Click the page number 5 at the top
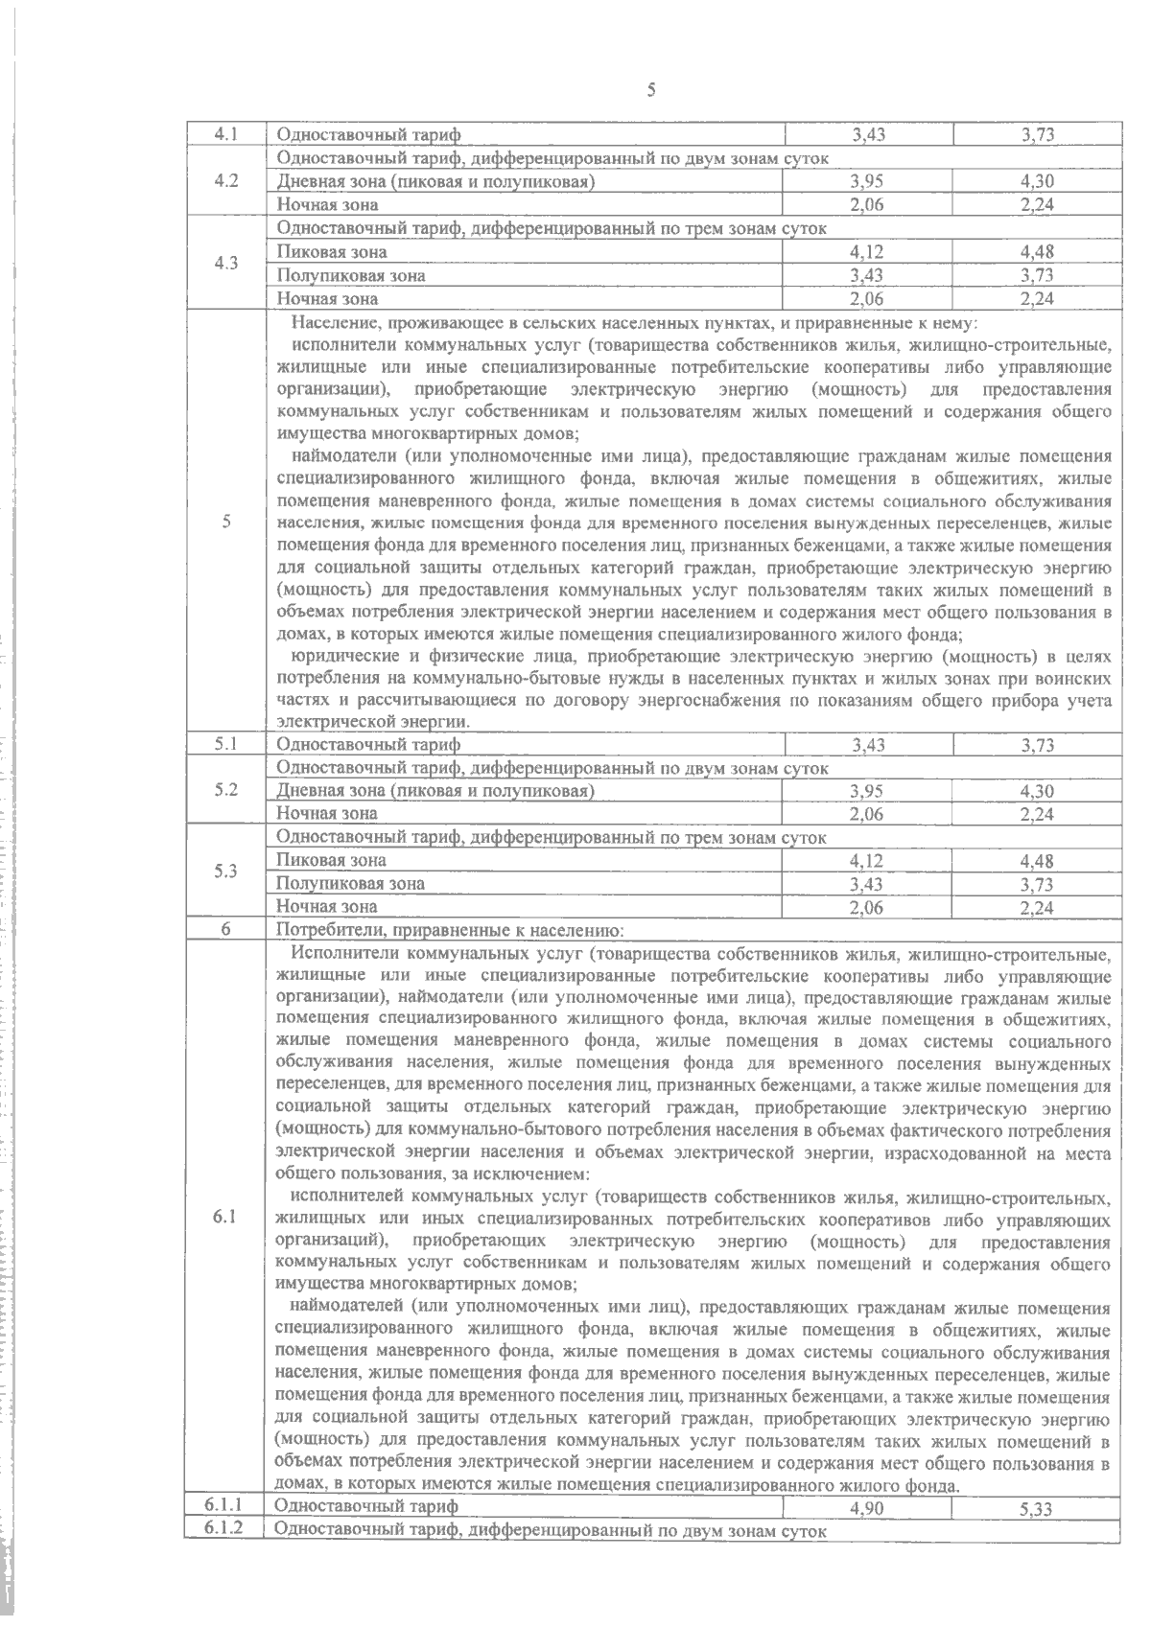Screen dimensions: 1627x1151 (x=651, y=91)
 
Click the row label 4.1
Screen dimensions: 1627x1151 (x=226, y=135)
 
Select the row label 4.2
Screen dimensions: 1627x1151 (x=226, y=181)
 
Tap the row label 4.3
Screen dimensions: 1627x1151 (x=226, y=264)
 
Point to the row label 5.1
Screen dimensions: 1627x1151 (x=226, y=744)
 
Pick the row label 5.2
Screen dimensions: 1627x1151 (x=226, y=790)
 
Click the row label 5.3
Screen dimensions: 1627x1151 (x=226, y=872)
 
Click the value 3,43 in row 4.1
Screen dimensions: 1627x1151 (x=867, y=136)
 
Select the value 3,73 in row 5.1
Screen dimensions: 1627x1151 (x=1038, y=745)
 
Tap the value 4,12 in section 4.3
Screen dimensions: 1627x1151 (x=867, y=252)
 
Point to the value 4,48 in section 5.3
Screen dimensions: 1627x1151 (x=1038, y=861)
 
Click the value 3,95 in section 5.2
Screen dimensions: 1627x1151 (x=867, y=791)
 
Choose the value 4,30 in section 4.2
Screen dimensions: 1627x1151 (x=1038, y=182)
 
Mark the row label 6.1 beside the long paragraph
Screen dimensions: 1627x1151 (x=226, y=1216)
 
